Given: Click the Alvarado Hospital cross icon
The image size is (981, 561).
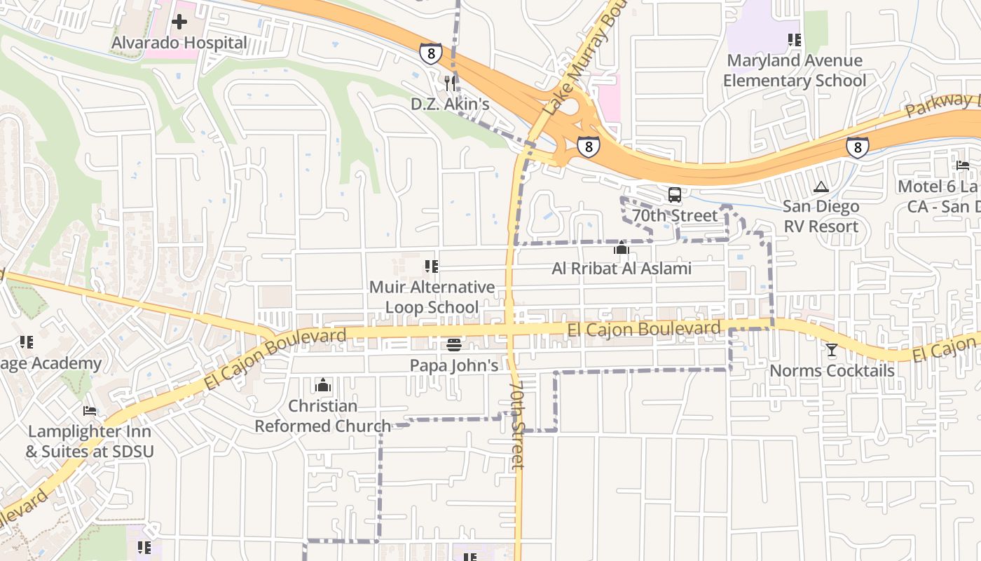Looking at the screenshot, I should pyautogui.click(x=179, y=22).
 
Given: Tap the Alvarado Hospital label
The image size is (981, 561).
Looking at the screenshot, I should pyautogui.click(x=179, y=43).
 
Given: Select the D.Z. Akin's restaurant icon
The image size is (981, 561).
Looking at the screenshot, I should pyautogui.click(x=449, y=83).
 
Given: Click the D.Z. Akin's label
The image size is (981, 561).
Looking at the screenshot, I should pyautogui.click(x=449, y=104).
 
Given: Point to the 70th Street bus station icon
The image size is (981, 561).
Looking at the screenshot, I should pyautogui.click(x=675, y=195).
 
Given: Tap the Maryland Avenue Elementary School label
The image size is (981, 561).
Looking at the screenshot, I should pyautogui.click(x=795, y=71).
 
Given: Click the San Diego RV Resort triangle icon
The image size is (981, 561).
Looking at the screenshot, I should pyautogui.click(x=821, y=187).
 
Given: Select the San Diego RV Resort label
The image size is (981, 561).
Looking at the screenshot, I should pyautogui.click(x=821, y=217).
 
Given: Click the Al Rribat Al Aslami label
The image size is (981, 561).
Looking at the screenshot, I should pyautogui.click(x=622, y=269).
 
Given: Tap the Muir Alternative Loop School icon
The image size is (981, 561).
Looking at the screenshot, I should pyautogui.click(x=432, y=266).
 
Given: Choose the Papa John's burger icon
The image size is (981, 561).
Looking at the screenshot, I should pyautogui.click(x=454, y=345).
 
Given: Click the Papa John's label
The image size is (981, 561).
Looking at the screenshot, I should pyautogui.click(x=454, y=365).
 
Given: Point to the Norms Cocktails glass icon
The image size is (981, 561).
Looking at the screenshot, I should pyautogui.click(x=832, y=349).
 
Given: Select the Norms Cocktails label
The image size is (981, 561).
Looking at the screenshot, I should pyautogui.click(x=832, y=370).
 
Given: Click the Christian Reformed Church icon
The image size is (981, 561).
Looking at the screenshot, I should pyautogui.click(x=323, y=385).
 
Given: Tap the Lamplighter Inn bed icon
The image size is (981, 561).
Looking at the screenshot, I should pyautogui.click(x=90, y=411).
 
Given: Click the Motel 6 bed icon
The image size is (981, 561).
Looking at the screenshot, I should pyautogui.click(x=963, y=165).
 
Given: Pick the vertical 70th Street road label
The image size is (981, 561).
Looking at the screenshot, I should pyautogui.click(x=517, y=425).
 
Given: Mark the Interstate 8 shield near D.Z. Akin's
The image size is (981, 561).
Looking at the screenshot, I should pyautogui.click(x=431, y=53).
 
